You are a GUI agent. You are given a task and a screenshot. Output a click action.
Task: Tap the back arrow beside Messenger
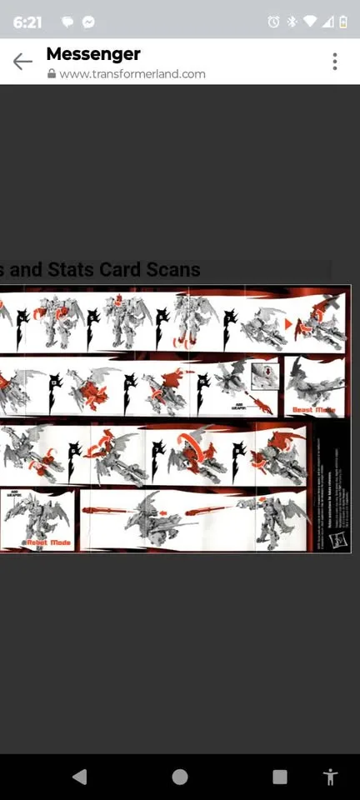[22, 62]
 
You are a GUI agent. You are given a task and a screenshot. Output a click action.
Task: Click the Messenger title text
[93, 54]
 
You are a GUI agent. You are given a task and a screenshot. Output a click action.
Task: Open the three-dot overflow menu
[335, 62]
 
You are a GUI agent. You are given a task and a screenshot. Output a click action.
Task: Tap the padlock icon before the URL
[52, 73]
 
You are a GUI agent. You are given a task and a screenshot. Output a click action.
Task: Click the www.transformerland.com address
[132, 73]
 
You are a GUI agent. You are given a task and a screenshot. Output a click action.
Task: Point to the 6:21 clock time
[27, 22]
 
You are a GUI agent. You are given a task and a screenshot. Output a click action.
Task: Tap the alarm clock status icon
[273, 22]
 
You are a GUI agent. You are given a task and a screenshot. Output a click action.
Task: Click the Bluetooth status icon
[292, 22]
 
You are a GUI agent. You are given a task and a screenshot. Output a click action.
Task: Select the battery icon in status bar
[343, 22]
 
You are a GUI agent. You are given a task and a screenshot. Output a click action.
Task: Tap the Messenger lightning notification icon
[87, 22]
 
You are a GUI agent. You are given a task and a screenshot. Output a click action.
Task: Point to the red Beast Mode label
[313, 410]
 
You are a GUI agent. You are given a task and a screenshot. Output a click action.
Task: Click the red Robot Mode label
[47, 542]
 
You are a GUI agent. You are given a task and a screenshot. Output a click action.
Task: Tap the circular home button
[180, 777]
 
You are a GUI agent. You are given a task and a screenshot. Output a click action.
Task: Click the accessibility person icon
[330, 777]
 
